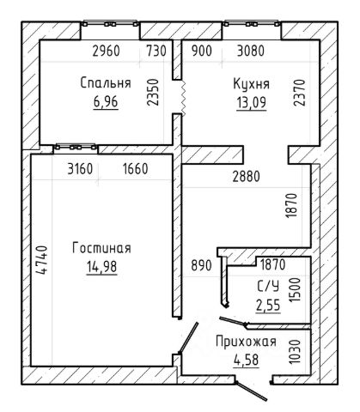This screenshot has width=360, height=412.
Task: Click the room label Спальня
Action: pyautogui.click(x=106, y=83)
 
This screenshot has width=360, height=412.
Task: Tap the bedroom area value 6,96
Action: pyautogui.click(x=106, y=101)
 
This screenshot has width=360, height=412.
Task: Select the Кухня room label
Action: pyautogui.click(x=252, y=84)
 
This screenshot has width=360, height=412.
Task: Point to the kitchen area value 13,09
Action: pyautogui.click(x=252, y=102)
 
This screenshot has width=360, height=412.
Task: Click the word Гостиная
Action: pyautogui.click(x=101, y=248)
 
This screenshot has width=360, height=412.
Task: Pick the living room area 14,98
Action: pyautogui.click(x=101, y=267)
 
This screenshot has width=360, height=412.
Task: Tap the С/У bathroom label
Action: pyautogui.click(x=268, y=287)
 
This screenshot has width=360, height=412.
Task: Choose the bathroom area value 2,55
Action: pyautogui.click(x=268, y=306)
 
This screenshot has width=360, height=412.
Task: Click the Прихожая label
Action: pyautogui.click(x=246, y=342)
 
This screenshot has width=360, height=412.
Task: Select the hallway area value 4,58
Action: pyautogui.click(x=246, y=360)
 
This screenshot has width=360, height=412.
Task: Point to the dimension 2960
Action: pyautogui.click(x=106, y=51)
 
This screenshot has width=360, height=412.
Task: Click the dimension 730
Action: pyautogui.click(x=156, y=51)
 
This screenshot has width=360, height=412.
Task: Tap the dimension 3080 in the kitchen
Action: pyautogui.click(x=251, y=51)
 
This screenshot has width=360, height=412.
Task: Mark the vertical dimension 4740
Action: pyautogui.click(x=41, y=260)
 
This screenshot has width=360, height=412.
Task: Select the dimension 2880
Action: pyautogui.click(x=247, y=177)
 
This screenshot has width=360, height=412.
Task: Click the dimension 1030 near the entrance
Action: pyautogui.click(x=296, y=352)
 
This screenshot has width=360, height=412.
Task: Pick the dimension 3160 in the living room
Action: pyautogui.click(x=80, y=169)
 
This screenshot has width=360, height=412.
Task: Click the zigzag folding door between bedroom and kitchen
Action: pyautogui.click(x=183, y=97)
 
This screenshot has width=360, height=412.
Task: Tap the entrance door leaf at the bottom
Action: pyautogui.click(x=251, y=391)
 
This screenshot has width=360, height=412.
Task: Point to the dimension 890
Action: pyautogui.click(x=201, y=265)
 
